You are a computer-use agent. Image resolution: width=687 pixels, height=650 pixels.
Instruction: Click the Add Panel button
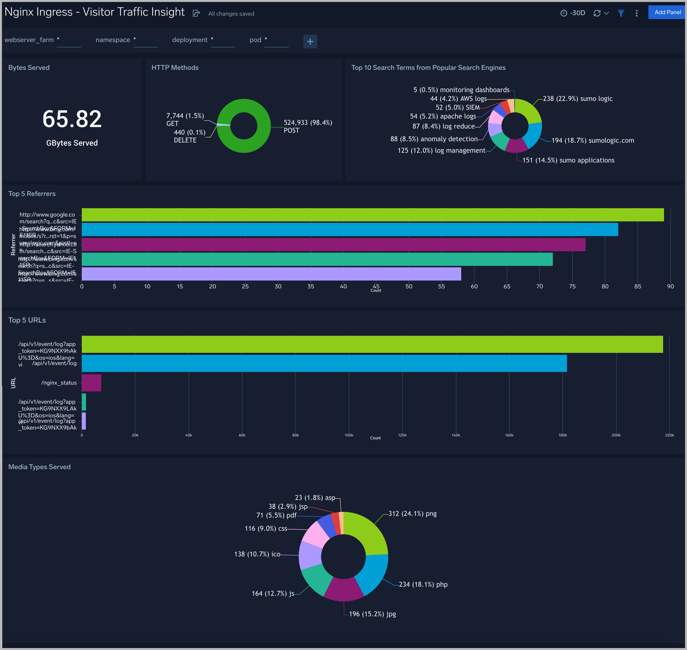tap(667, 12)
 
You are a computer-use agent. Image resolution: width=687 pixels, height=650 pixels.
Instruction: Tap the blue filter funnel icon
tap(621, 13)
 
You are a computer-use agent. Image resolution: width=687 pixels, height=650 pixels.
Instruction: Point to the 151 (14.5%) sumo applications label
tap(568, 160)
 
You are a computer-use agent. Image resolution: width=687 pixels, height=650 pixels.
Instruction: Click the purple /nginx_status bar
tap(91, 383)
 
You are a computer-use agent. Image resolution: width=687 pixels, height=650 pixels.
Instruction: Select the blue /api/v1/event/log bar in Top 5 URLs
tap(324, 363)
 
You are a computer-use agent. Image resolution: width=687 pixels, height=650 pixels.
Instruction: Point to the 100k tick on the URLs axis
tap(349, 435)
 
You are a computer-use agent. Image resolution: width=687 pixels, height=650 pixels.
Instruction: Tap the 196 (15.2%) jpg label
tap(372, 614)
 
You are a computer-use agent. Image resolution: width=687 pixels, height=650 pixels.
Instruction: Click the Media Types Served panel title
tap(40, 467)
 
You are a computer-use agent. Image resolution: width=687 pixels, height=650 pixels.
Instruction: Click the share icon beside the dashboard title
tap(196, 13)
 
